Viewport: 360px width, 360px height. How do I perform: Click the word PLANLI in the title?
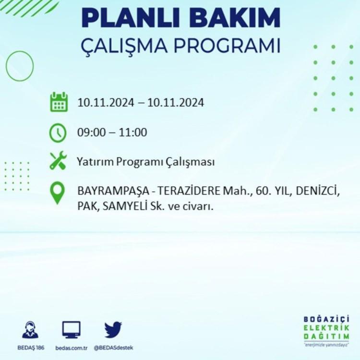(131, 18)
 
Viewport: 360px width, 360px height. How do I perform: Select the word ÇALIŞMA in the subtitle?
(124, 46)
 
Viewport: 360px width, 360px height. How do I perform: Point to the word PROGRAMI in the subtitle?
(227, 46)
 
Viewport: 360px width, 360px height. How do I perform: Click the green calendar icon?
(59, 102)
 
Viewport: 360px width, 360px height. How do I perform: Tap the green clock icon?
(58, 132)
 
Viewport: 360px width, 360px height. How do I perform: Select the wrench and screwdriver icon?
(58, 160)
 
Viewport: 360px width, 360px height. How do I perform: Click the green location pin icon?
(58, 192)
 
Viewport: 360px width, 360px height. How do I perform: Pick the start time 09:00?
(91, 132)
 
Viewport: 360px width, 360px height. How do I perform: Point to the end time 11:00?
(133, 132)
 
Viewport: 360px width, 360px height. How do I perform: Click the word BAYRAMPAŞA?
(113, 191)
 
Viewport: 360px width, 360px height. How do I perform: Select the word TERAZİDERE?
(189, 191)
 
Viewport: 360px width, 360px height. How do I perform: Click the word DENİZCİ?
(318, 191)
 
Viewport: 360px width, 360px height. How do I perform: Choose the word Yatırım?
(95, 162)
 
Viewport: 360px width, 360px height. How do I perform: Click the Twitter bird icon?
(113, 330)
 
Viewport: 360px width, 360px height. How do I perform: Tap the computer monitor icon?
(72, 330)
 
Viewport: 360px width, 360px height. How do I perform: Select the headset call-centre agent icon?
(30, 330)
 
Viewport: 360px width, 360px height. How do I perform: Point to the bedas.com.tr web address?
(72, 348)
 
